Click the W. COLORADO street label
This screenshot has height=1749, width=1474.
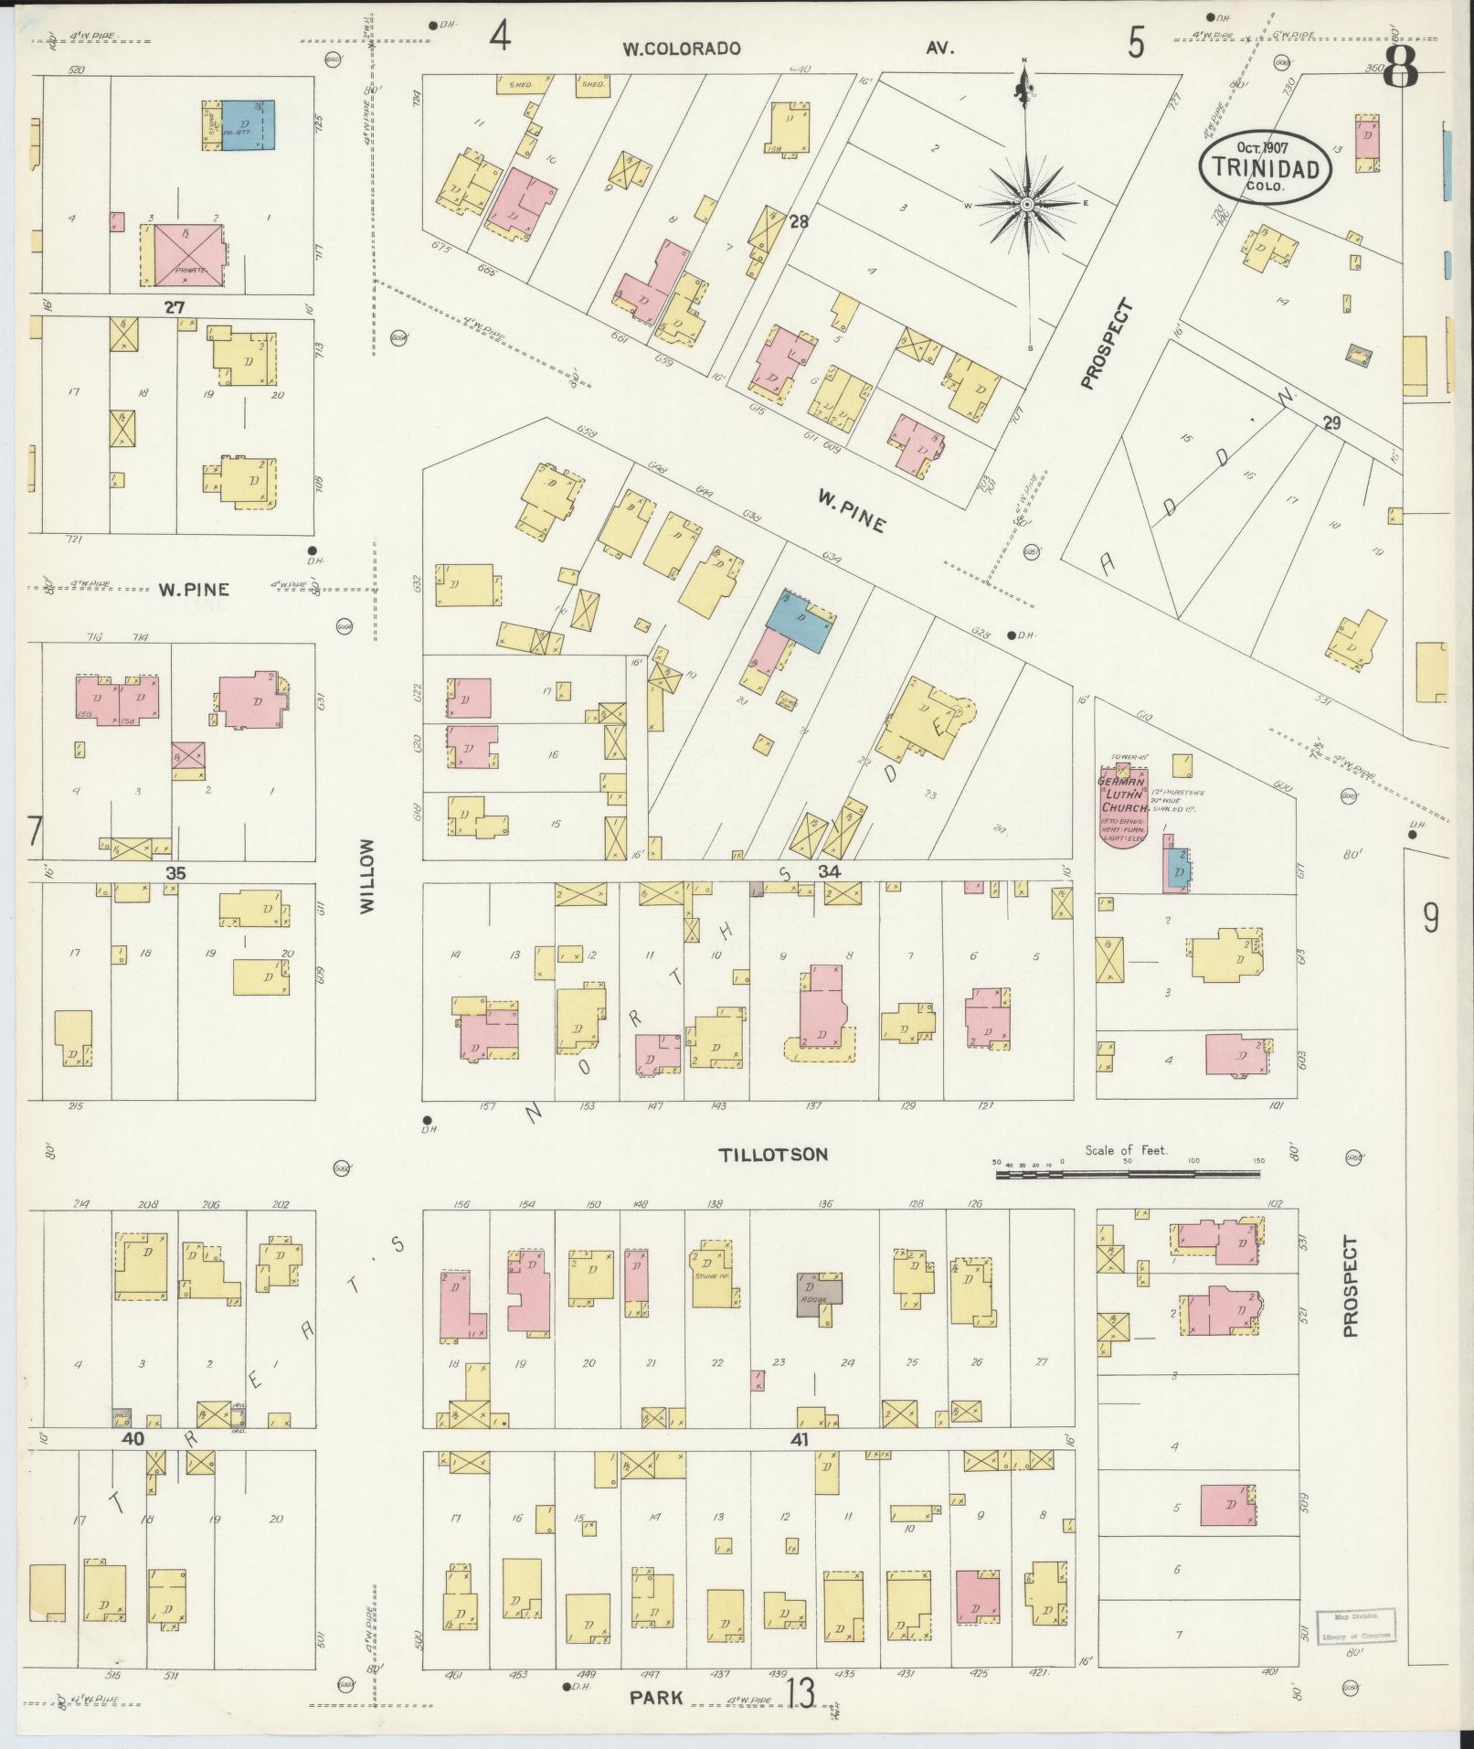[681, 49]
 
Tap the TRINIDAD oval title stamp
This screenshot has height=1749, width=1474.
[1265, 165]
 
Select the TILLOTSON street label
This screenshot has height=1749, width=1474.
[773, 1155]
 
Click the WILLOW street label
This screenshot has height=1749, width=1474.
[367, 877]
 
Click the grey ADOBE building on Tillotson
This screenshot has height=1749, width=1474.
[819, 1293]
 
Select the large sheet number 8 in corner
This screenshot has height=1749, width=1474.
[1401, 66]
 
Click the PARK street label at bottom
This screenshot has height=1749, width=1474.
[656, 1698]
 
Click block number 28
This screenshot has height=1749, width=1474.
[799, 221]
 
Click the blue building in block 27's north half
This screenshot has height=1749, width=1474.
[248, 125]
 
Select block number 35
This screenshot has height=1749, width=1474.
[175, 873]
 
